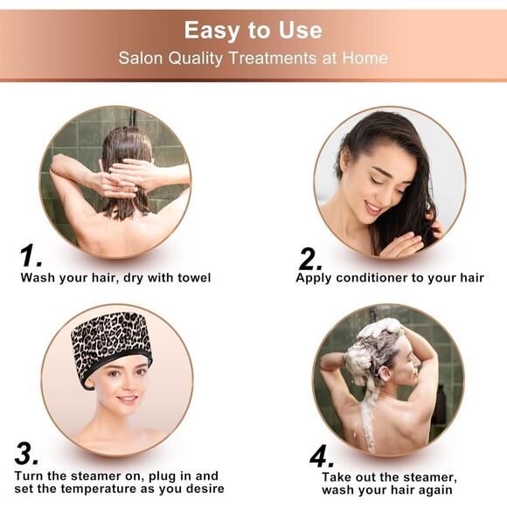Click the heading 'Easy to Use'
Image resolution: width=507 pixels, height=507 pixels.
pyautogui.click(x=253, y=31)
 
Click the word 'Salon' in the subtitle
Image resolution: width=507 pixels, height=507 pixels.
pyautogui.click(x=140, y=59)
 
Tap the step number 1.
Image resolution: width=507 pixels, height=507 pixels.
pyautogui.click(x=31, y=256)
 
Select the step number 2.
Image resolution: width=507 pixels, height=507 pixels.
pyautogui.click(x=310, y=258)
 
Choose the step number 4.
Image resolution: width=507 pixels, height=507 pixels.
pyautogui.click(x=322, y=456)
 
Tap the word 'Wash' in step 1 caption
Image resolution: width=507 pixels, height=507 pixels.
pyautogui.click(x=38, y=278)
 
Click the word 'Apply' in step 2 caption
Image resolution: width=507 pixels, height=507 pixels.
pyautogui.click(x=314, y=278)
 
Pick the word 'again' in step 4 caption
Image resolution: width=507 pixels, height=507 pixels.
pyautogui.click(x=434, y=490)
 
